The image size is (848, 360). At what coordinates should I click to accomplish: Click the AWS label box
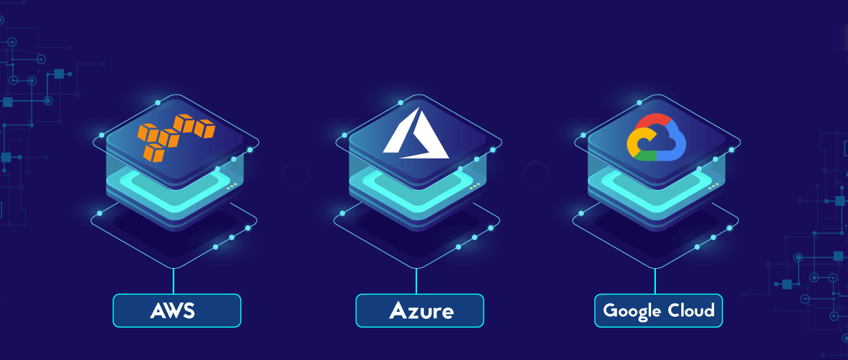pyautogui.click(x=177, y=311)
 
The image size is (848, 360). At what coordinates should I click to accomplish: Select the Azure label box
pyautogui.click(x=419, y=311)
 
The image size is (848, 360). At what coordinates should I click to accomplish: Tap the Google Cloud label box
pyautogui.click(x=658, y=311)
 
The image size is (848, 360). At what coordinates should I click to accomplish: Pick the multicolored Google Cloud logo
pyautogui.click(x=656, y=137)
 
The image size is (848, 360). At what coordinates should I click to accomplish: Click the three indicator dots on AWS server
pyautogui.click(x=232, y=185)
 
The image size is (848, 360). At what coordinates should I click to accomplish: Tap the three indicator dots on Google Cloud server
pyautogui.click(x=714, y=185)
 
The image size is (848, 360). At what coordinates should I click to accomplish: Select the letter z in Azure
pyautogui.click(x=412, y=312)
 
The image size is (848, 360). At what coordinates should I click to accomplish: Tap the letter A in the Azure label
pyautogui.click(x=399, y=311)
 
